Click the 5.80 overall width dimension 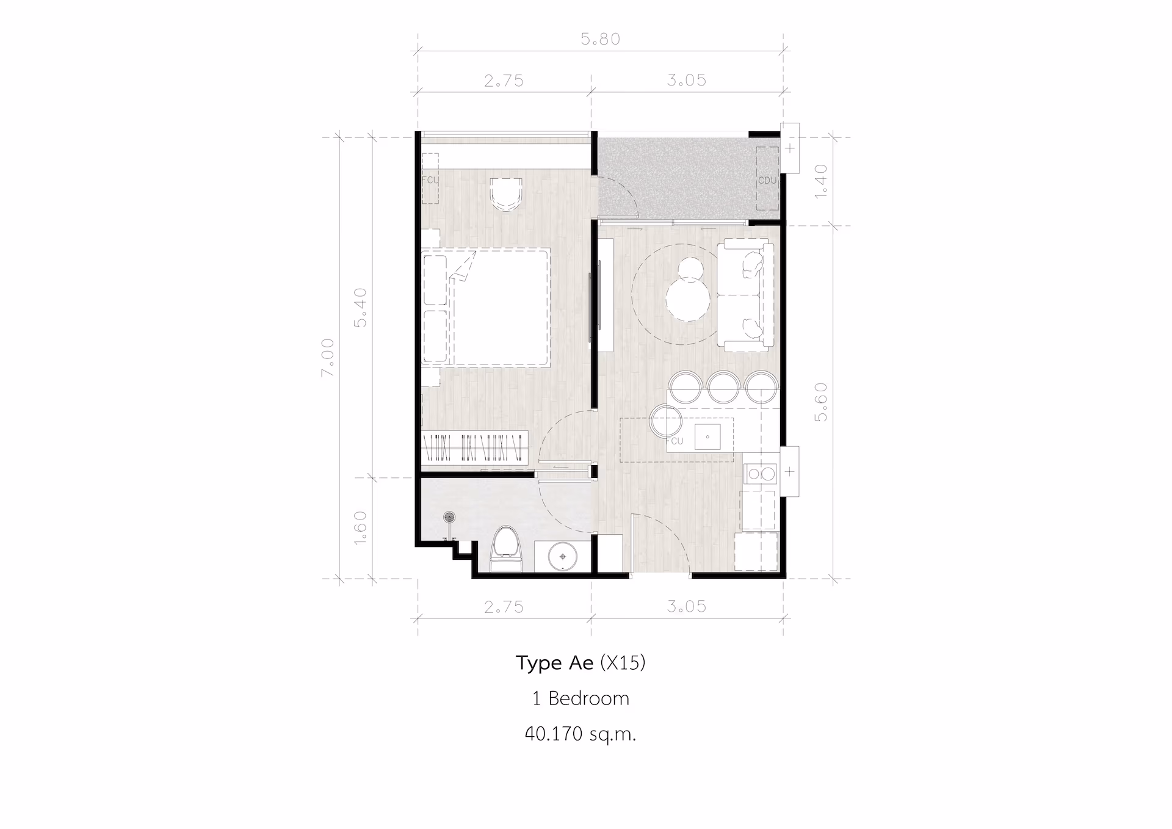(x=601, y=39)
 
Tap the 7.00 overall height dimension (x=328, y=357)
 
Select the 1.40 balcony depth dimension (x=821, y=180)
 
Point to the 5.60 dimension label (x=821, y=402)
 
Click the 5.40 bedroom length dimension (x=361, y=307)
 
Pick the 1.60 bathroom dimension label (x=361, y=527)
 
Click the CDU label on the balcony (x=767, y=181)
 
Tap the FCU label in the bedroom (x=430, y=180)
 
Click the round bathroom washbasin (x=562, y=557)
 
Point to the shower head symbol (x=450, y=518)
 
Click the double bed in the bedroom (x=499, y=307)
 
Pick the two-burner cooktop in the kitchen (x=761, y=474)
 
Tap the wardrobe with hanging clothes (x=475, y=447)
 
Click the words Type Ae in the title (x=554, y=663)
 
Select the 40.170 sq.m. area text (x=581, y=733)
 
